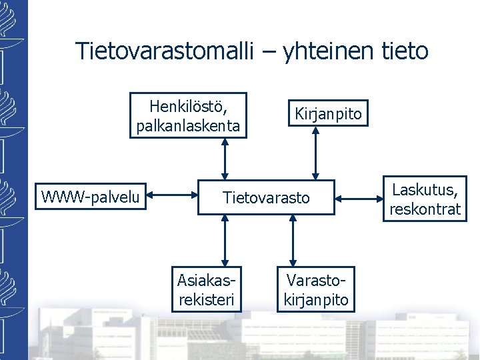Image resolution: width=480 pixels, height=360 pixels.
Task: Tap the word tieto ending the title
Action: pyautogui.click(x=403, y=51)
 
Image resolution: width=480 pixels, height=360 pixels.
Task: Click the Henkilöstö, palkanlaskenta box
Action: pyautogui.click(x=188, y=115)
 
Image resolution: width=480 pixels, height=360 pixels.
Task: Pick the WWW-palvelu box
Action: pyautogui.click(x=91, y=196)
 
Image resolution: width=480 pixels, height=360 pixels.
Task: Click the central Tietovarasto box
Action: pyautogui.click(x=266, y=197)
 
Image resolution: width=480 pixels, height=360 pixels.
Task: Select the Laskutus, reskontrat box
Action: pyautogui.click(x=425, y=199)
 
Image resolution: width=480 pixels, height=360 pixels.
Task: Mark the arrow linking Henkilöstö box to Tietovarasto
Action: pyautogui.click(x=225, y=159)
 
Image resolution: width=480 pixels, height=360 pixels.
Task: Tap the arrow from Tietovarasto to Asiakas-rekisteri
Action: pyautogui.click(x=225, y=240)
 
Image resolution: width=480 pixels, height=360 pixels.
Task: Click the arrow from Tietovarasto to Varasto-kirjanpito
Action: pyautogui.click(x=293, y=240)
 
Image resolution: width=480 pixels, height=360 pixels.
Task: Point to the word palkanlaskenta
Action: pyautogui.click(x=188, y=125)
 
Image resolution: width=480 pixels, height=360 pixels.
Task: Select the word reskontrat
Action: pyautogui.click(x=425, y=209)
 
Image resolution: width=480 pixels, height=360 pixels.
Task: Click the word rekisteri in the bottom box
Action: pyautogui.click(x=207, y=299)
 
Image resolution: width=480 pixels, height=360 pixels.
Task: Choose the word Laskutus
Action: pyautogui.click(x=425, y=189)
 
